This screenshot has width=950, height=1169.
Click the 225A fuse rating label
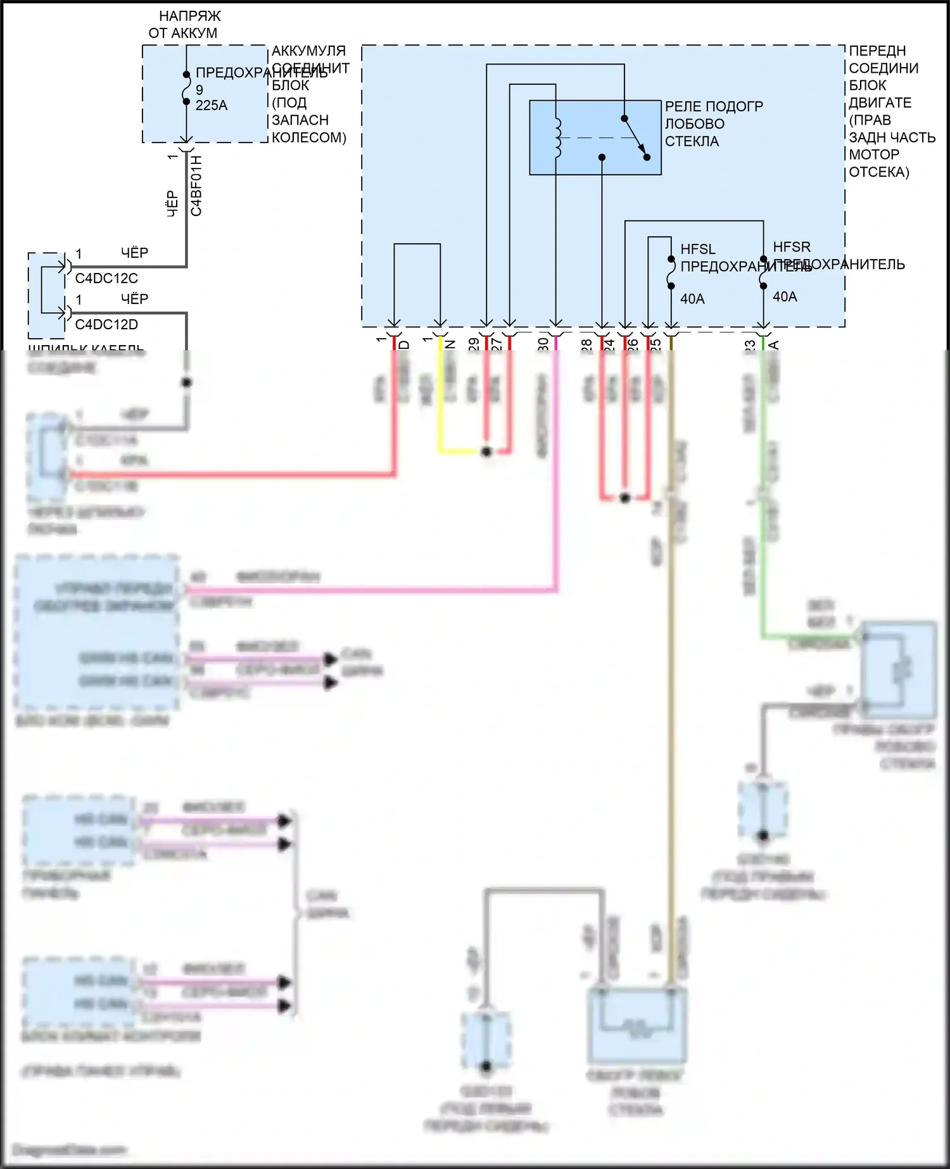[211, 106]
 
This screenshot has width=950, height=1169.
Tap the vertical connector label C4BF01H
[196, 186]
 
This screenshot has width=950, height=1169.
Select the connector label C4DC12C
[106, 279]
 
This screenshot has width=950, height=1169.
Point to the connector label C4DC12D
[106, 325]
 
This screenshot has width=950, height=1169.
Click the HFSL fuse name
[698, 250]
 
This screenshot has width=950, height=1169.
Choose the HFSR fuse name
[792, 247]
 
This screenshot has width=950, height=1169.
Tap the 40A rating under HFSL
[692, 299]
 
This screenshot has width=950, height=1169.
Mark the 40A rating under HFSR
[785, 296]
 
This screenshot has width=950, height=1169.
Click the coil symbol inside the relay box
[557, 137]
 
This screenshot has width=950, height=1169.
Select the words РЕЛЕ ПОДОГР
[714, 106]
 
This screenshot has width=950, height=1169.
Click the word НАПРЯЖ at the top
[190, 16]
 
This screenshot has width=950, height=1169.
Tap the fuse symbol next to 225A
[186, 88]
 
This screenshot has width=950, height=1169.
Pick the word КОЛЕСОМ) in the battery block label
[309, 137]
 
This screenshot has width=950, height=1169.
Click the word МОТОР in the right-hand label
[874, 155]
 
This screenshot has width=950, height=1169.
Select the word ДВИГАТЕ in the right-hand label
[880, 103]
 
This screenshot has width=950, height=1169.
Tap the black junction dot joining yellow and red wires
[486, 452]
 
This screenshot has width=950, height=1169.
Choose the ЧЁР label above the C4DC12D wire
[134, 299]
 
